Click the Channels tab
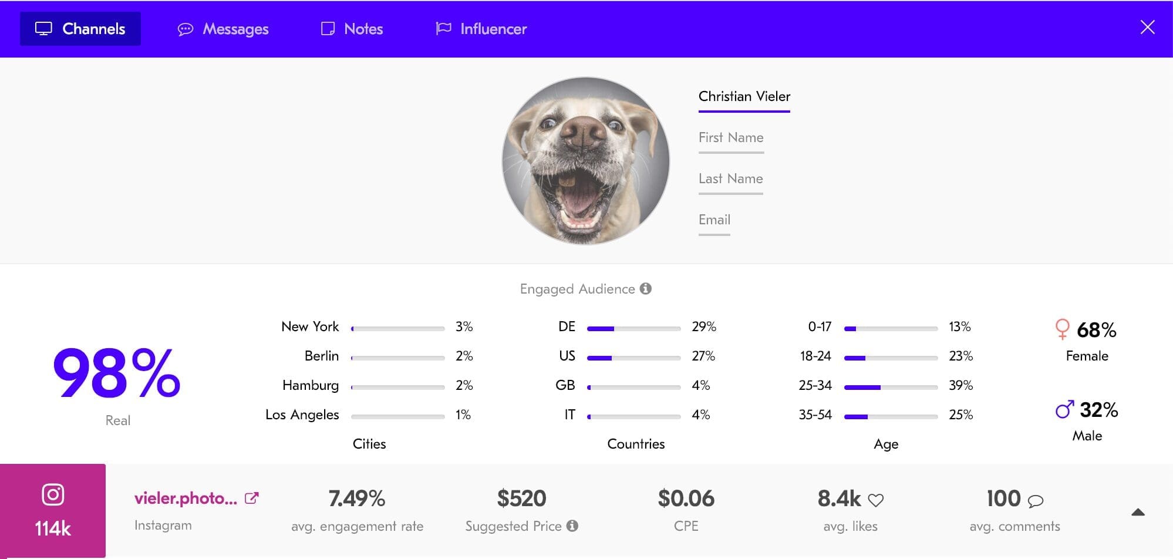coord(80,29)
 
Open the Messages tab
coord(223,29)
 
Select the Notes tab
coord(352,29)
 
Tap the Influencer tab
coord(481,29)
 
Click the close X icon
coord(1147,28)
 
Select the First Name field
coord(731,138)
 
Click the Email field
coord(714,220)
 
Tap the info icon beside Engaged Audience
coord(646,289)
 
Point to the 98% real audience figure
coord(116,373)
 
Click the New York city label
coord(310,326)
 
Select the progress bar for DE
coord(633,329)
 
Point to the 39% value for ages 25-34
coord(960,385)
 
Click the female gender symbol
coord(1062,329)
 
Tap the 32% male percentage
coord(1098,410)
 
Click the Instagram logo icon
coord(53,494)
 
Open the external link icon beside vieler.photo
coord(251,498)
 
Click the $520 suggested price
coord(521,499)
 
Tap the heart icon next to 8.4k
coord(875,500)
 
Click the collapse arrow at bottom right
coord(1138,512)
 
